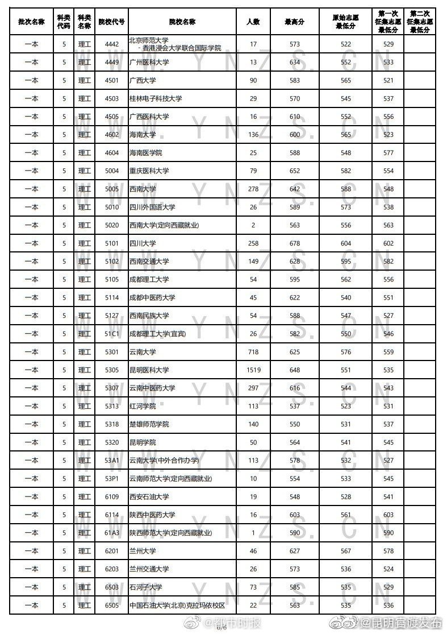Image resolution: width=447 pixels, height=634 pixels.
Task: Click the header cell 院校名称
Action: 182,22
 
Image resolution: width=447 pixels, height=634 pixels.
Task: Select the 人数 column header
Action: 253,22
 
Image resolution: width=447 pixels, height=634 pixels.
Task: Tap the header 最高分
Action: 294,22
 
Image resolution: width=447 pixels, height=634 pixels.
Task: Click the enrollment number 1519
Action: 253,370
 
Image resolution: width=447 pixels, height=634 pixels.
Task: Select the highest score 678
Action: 294,243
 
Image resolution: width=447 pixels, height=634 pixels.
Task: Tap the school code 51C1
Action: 111,334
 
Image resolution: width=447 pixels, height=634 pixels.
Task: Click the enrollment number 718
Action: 253,352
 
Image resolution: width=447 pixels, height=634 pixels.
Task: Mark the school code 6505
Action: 111,606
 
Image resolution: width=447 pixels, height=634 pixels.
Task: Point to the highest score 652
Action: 294,171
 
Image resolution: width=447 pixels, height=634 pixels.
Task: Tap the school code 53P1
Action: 111,479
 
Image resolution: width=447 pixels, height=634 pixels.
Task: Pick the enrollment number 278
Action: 253,189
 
